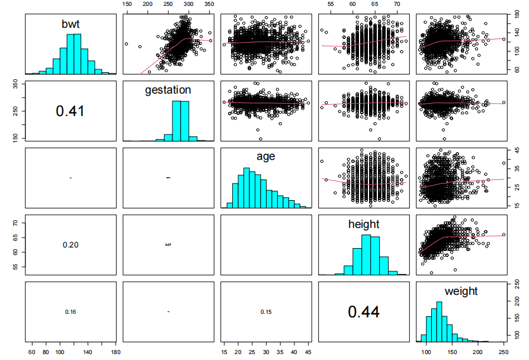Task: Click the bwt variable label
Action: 70,24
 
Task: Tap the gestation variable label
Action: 168,90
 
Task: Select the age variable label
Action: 265,157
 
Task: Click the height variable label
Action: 364,224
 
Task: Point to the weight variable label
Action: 461,291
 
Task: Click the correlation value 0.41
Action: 70,110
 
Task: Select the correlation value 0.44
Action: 364,311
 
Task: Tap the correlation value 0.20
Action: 70,245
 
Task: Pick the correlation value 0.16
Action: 70,311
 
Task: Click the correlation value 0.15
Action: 265,311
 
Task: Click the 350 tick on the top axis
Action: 209,4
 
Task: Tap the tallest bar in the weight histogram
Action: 439,322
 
